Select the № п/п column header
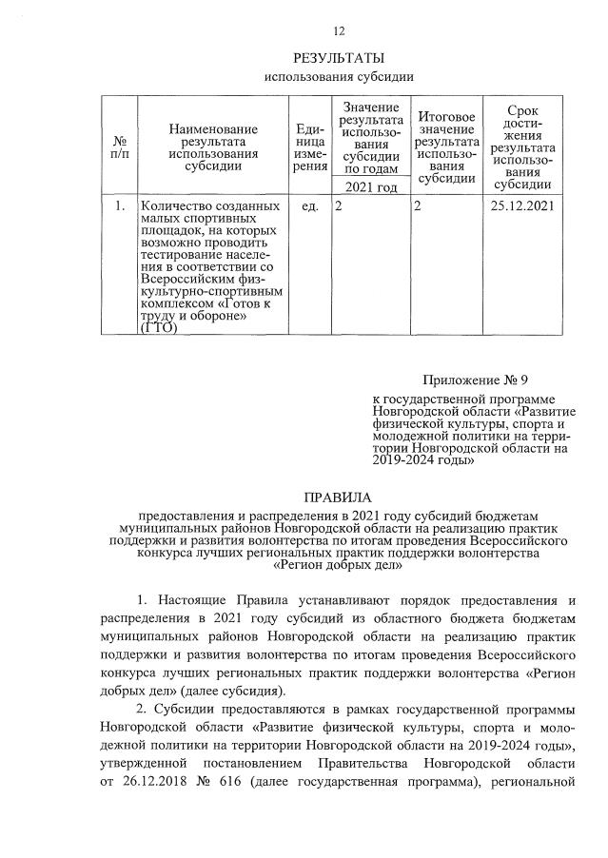(120, 146)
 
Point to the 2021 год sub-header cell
(371, 186)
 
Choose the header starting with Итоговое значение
(446, 146)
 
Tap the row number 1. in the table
(120, 205)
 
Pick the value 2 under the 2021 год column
(338, 205)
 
